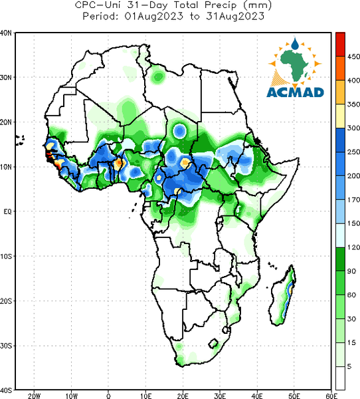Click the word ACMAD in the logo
(x=295, y=92)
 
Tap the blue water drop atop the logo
(x=295, y=44)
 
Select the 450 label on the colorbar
(x=353, y=57)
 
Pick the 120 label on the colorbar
(x=353, y=247)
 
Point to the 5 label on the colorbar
(x=349, y=366)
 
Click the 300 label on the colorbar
(x=353, y=128)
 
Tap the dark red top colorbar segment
(x=340, y=44)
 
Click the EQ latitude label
(x=7, y=211)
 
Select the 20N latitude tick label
(x=6, y=122)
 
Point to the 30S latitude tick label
(x=6, y=346)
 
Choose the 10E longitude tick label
(x=145, y=396)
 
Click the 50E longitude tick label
(x=294, y=396)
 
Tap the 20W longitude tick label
(x=34, y=396)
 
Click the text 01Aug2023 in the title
(x=153, y=16)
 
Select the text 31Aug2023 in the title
(x=235, y=16)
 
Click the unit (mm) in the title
(x=257, y=5)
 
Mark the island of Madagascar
(x=283, y=296)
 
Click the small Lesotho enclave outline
(x=213, y=344)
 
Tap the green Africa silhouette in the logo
(x=295, y=65)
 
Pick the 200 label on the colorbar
(x=353, y=176)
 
